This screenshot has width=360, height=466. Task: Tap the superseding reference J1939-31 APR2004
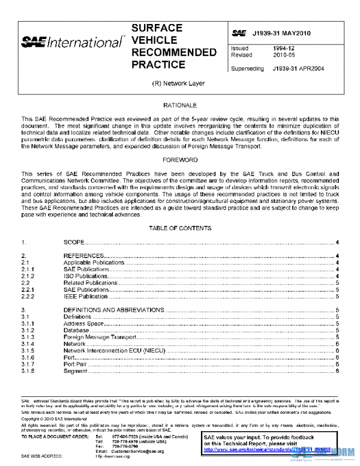click(x=298, y=68)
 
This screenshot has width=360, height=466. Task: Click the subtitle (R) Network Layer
click(x=179, y=83)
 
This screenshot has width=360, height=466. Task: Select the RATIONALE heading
click(x=179, y=105)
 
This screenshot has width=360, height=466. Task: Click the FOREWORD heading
click(x=179, y=160)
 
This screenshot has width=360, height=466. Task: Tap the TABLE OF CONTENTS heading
click(x=179, y=228)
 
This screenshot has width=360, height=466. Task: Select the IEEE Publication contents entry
click(x=86, y=297)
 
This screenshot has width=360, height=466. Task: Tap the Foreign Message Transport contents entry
click(x=99, y=337)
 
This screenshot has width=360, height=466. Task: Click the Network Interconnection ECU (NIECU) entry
click(x=106, y=351)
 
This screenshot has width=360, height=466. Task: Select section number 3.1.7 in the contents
click(x=28, y=364)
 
